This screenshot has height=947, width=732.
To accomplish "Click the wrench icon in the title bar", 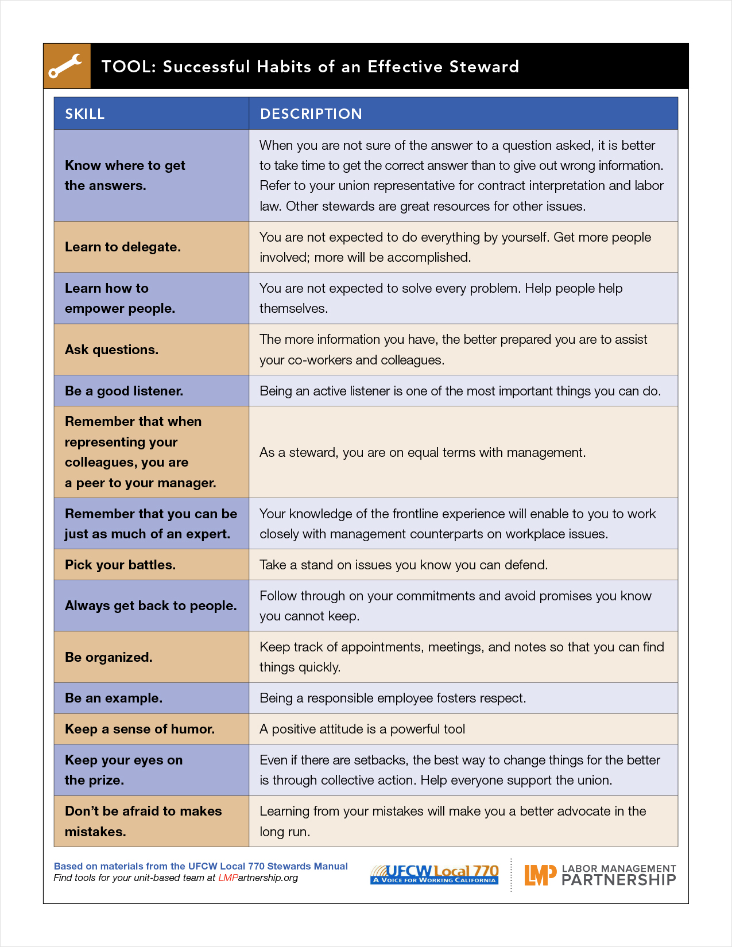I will pyautogui.click(x=66, y=66).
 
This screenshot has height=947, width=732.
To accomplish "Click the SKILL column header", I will pyautogui.click(x=85, y=114).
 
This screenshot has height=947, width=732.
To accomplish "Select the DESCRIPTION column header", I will pyautogui.click(x=311, y=114).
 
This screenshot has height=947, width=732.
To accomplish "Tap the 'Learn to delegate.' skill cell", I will pyautogui.click(x=123, y=247).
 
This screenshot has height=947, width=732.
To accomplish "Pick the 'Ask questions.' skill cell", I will pyautogui.click(x=111, y=350).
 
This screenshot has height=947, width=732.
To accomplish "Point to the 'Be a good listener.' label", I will pyautogui.click(x=124, y=391).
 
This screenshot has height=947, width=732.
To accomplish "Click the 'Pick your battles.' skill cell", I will pyautogui.click(x=120, y=565).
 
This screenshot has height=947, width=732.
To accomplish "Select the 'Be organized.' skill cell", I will pyautogui.click(x=109, y=657).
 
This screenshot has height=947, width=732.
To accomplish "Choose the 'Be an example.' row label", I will pyautogui.click(x=114, y=698).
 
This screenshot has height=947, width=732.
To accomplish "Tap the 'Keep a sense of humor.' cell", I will pyautogui.click(x=140, y=729).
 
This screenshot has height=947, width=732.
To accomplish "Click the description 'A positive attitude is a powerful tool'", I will pyautogui.click(x=362, y=729).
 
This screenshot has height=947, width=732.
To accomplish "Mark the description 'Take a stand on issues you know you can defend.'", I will pyautogui.click(x=404, y=565).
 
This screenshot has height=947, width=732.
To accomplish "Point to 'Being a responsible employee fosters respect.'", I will pyautogui.click(x=393, y=698).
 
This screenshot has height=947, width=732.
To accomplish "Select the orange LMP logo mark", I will pyautogui.click(x=540, y=875).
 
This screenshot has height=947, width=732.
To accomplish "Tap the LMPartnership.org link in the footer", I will pyautogui.click(x=258, y=878).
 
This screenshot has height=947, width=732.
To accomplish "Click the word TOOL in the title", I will pyautogui.click(x=126, y=67).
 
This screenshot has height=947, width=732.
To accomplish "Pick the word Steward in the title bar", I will pyautogui.click(x=484, y=67).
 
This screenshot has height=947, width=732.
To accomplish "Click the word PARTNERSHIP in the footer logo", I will pyautogui.click(x=618, y=880).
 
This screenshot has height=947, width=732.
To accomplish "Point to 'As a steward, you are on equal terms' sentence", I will pyautogui.click(x=423, y=452).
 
